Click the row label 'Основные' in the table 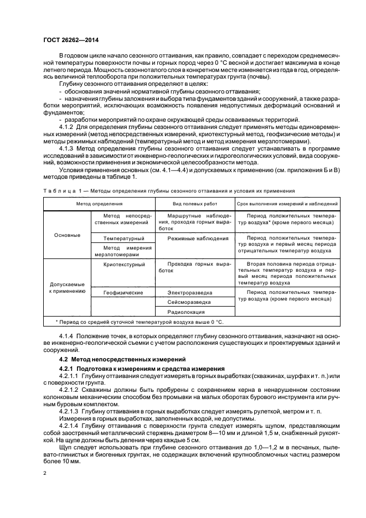click(67, 235)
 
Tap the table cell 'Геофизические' click(123, 292)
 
